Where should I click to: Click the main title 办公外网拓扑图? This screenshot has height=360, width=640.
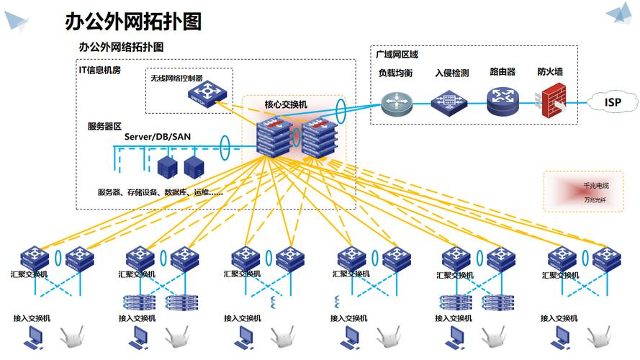(x=133, y=21)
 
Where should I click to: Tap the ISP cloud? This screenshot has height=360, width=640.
(x=613, y=102)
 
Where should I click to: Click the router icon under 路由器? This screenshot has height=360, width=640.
(x=502, y=102)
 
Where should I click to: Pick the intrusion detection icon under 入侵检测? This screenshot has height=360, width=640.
(x=449, y=102)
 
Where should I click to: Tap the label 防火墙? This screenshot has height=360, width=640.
(x=550, y=72)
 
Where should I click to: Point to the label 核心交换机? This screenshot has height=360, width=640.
(x=286, y=104)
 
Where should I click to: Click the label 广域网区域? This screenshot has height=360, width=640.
(x=397, y=54)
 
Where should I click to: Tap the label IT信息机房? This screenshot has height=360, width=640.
(x=100, y=69)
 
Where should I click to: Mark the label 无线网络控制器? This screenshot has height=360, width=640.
(x=176, y=78)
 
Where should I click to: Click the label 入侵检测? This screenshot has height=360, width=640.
(x=451, y=72)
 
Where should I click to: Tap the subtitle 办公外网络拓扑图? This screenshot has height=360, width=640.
(x=122, y=46)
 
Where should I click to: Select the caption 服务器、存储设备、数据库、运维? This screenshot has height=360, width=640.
(x=160, y=192)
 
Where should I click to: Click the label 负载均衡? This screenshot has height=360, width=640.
(x=395, y=72)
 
